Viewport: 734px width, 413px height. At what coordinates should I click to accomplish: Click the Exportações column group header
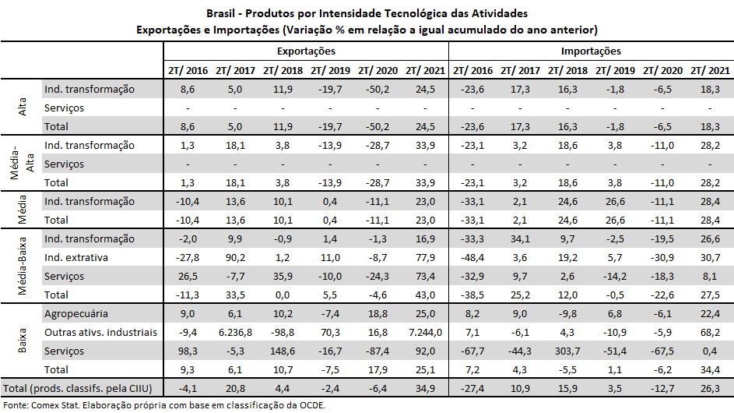306,51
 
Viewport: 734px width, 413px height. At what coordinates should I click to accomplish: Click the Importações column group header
591,51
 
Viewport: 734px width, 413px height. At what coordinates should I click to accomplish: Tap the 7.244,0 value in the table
424,333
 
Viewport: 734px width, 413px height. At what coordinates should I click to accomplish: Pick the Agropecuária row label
76,314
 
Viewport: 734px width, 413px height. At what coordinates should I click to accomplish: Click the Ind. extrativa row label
76,258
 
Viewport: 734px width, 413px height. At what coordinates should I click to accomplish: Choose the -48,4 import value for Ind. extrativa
473,258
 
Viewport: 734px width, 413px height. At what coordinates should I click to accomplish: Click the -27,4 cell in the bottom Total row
473,388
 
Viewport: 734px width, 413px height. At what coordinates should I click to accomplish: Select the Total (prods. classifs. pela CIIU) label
80,388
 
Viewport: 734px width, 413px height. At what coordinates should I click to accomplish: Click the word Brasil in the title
223,13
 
